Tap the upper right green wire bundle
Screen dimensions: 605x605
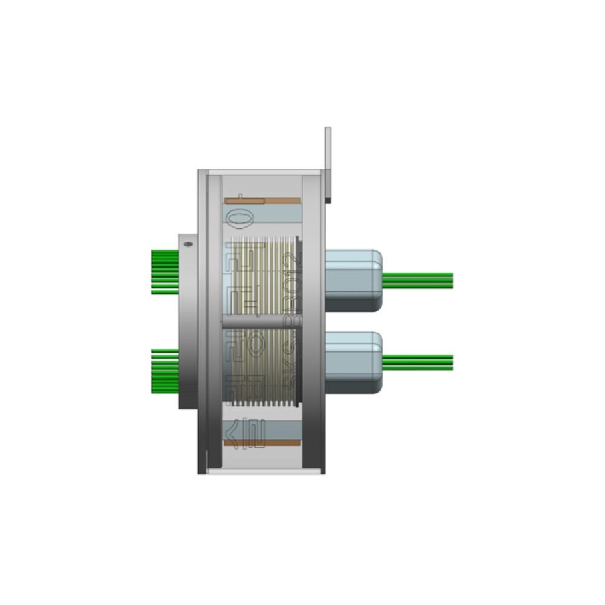pos(419,280)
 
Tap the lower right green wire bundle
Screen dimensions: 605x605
pos(419,362)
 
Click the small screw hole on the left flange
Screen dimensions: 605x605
pos(188,244)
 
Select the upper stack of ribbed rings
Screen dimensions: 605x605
pos(266,275)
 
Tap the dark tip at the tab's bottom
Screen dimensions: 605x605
pos(328,198)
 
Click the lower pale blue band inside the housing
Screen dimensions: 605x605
pos(266,430)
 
